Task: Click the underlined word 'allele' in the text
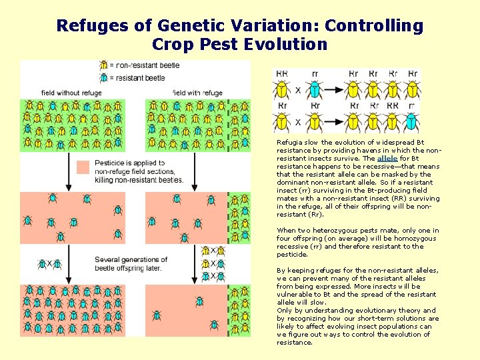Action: pos(387,159)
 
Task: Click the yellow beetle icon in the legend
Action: pos(105,65)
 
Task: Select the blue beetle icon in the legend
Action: pos(105,78)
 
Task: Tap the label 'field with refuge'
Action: pos(198,93)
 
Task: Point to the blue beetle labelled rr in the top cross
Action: pos(315,89)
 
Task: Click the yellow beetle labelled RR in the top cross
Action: pos(282,89)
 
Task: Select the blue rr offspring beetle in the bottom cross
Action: pos(412,121)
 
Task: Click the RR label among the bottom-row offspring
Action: pos(393,105)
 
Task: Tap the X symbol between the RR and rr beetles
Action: pos(298,90)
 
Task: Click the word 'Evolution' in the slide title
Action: pos(286,45)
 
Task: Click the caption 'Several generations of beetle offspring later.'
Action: pos(131,263)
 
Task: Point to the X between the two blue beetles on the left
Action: pos(49,264)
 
